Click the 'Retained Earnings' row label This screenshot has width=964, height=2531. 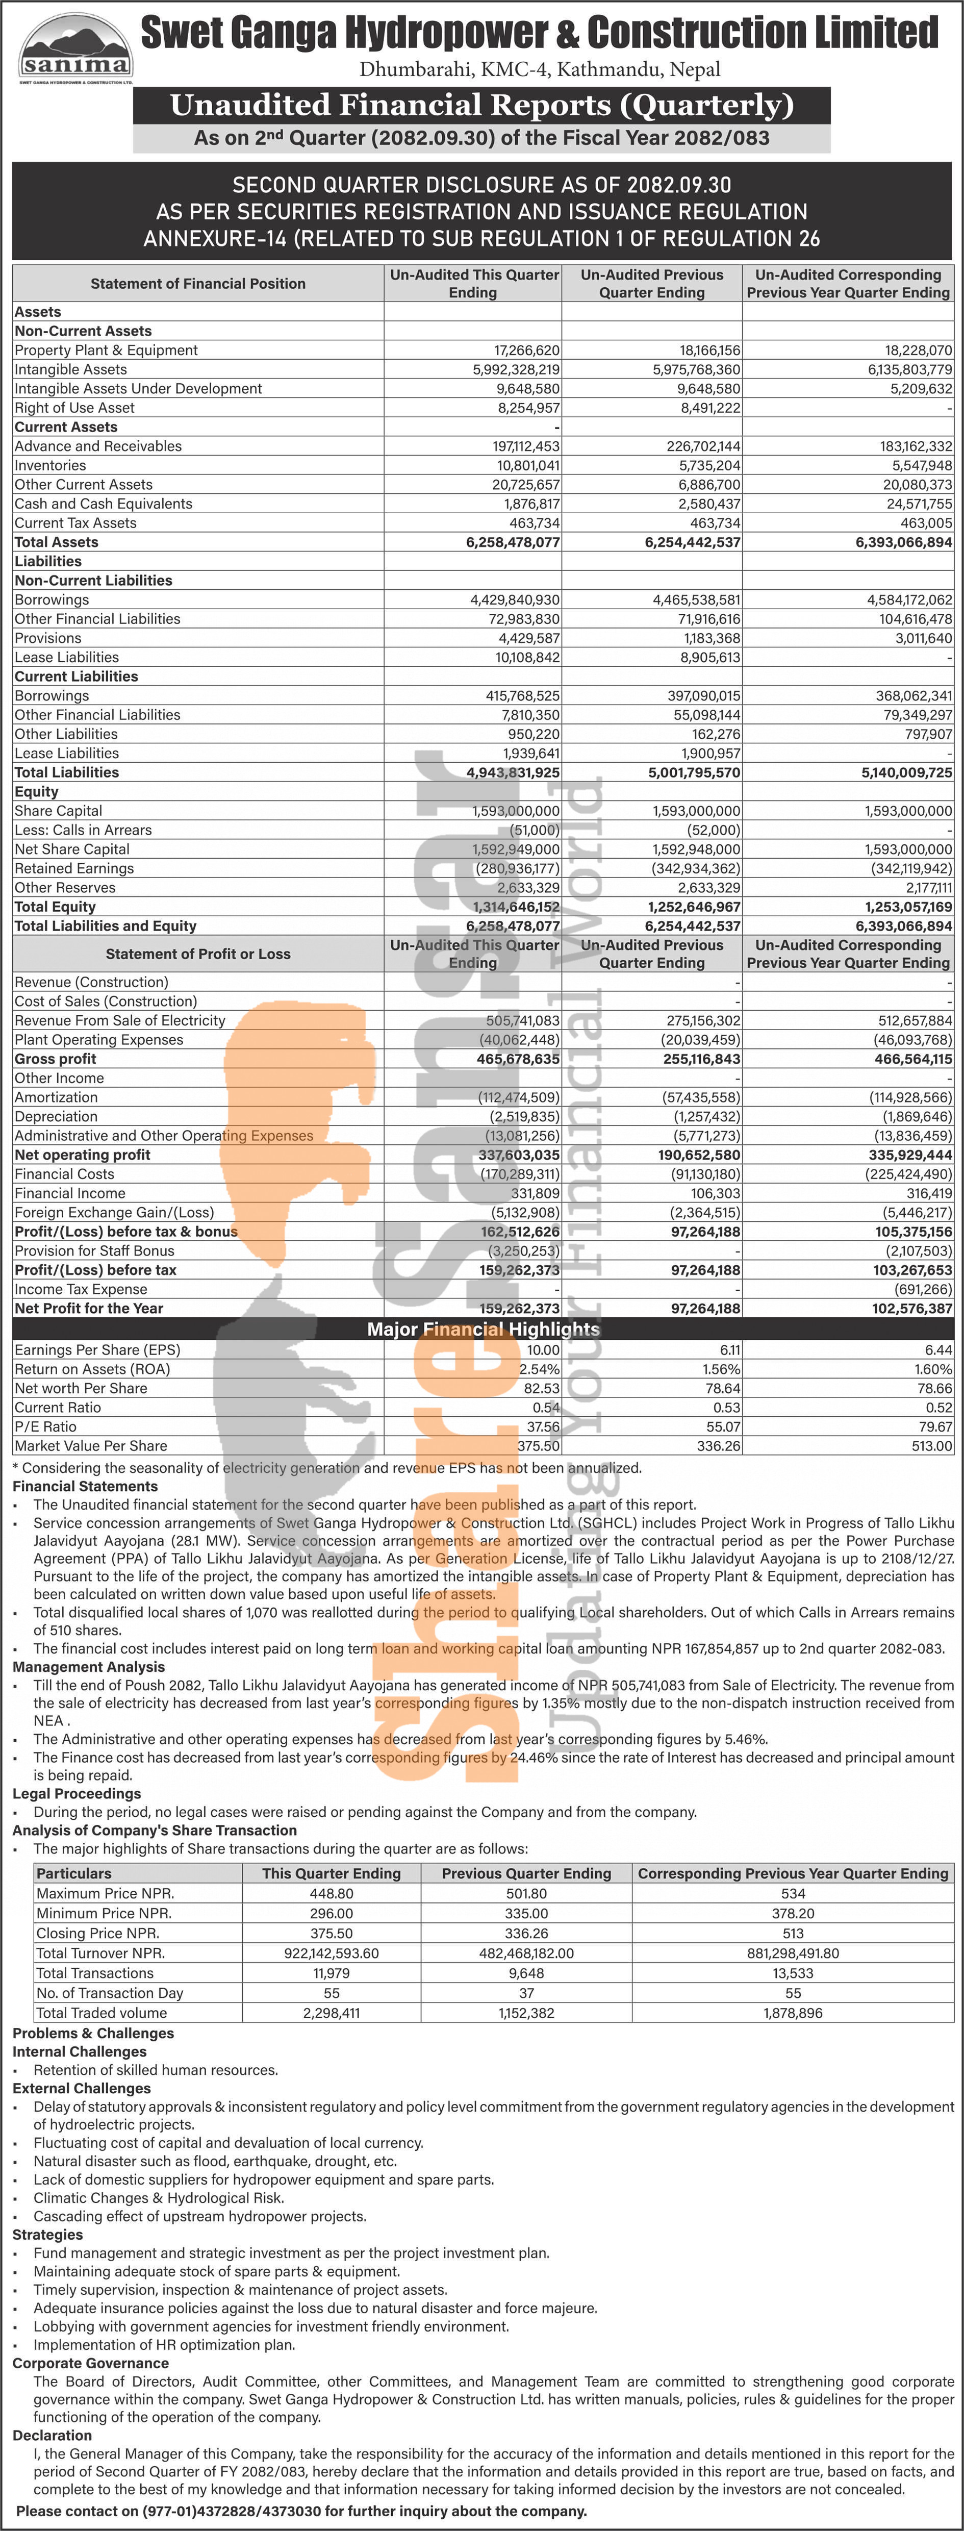[73, 868]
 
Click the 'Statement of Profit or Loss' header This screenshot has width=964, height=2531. [197, 954]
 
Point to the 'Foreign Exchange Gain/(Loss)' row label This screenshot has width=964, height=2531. [114, 1213]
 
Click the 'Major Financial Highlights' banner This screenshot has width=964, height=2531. [483, 1330]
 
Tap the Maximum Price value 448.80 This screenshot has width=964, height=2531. [331, 1893]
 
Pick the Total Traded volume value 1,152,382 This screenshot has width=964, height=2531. [527, 2013]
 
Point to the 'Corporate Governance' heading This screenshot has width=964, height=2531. [90, 2363]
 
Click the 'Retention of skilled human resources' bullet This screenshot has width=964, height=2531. [155, 2070]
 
